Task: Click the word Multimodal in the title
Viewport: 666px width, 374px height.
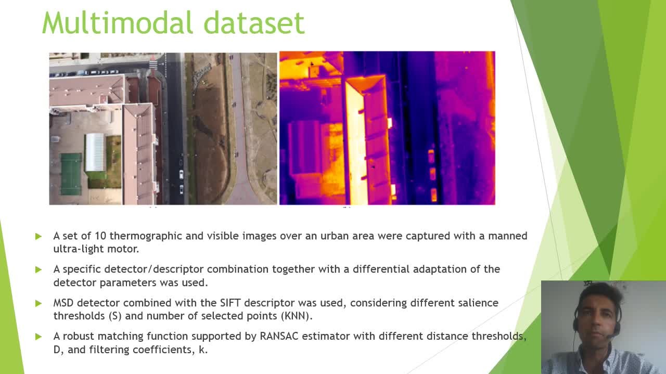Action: point(118,22)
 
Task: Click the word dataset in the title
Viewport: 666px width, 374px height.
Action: point(254,22)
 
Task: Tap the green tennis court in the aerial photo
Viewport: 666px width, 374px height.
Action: point(71,174)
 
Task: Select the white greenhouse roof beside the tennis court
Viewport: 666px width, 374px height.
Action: point(95,152)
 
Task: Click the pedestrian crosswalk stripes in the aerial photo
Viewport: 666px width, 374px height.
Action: point(153,64)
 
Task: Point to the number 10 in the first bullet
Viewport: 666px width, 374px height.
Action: point(100,236)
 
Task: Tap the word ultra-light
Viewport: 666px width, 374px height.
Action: point(79,249)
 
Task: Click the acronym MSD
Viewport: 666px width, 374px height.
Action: point(63,303)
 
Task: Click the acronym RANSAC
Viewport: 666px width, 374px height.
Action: point(279,336)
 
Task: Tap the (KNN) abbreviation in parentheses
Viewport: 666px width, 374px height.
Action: point(297,316)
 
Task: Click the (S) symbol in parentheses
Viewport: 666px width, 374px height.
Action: point(115,316)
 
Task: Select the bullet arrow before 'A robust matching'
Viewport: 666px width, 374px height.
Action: point(39,337)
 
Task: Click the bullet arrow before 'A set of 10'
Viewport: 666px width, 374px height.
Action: point(39,237)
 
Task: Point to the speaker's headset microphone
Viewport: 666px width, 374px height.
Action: point(613,336)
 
